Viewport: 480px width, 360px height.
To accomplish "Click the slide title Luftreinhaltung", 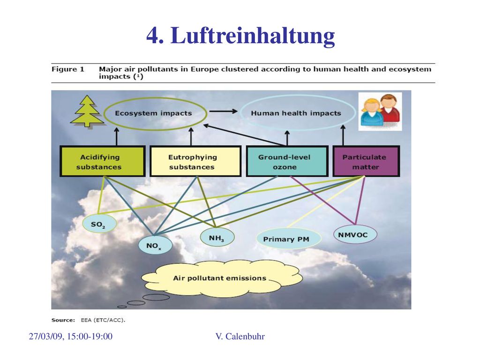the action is click(x=240, y=35).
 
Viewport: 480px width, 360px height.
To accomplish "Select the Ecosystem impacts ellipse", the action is click(x=104, y=114).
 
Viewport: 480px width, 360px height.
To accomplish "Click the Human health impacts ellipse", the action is click(x=240, y=113).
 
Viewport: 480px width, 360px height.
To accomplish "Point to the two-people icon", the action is click(x=380, y=112).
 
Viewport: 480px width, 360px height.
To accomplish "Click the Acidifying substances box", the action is click(x=102, y=161).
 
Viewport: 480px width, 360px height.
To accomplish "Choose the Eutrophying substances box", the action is click(x=195, y=161).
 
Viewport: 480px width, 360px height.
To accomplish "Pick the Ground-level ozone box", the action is click(x=287, y=161).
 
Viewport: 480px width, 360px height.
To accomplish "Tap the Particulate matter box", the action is click(x=366, y=161).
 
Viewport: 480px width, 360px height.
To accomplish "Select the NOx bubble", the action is click(x=155, y=245).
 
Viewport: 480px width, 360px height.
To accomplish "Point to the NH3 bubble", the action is click(x=217, y=237).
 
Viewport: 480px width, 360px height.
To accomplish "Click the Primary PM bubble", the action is click(x=288, y=239).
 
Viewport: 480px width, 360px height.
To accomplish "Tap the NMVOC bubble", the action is click(x=355, y=234).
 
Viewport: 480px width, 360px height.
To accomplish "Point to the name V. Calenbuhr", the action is click(x=240, y=337).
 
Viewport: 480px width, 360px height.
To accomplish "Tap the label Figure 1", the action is click(x=67, y=69).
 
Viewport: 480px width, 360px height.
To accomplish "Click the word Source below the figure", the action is click(x=63, y=320).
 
